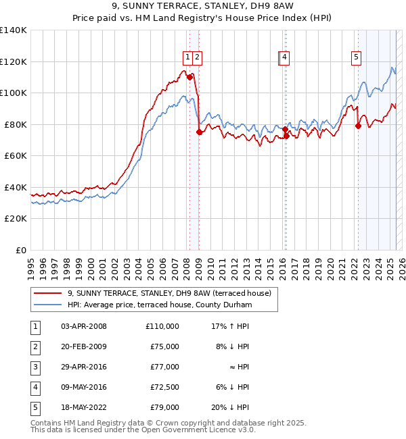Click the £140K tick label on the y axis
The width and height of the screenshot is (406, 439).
pos(14,30)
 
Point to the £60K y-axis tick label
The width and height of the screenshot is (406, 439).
pos(16,156)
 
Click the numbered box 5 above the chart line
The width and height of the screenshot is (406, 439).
pos(356,57)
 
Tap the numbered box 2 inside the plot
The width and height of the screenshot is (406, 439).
pos(197,57)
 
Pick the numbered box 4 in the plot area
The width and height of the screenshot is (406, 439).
pos(286,57)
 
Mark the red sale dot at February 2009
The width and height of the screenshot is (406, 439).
pos(199,132)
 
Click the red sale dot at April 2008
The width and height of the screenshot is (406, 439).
pos(189,77)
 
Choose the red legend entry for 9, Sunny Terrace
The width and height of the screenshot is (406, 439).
pos(169,293)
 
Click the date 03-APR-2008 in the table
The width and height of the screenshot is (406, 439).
pos(84,326)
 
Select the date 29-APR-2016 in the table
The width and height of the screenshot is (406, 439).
pos(84,367)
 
